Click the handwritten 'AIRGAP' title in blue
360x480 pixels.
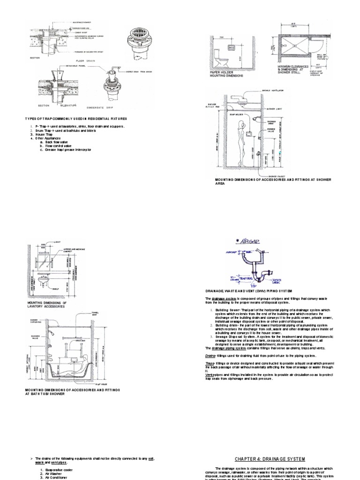tap(249, 241)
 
